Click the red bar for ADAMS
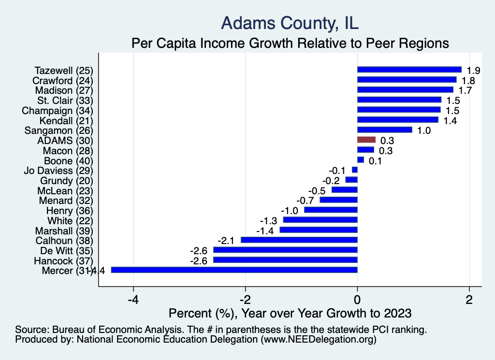coord(366,140)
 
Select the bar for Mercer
coord(234,270)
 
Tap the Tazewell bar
coord(409,70)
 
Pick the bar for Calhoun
coord(299,240)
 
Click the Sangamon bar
coord(385,130)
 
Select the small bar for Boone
coord(361,160)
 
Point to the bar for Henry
coord(331,210)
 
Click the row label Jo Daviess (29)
coord(58,171)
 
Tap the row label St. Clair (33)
coord(65,101)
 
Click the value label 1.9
coord(473,71)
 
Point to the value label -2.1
coord(226,241)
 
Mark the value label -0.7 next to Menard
coord(305,201)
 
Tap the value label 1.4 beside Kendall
coord(450,121)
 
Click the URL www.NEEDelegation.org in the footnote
coord(318,340)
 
